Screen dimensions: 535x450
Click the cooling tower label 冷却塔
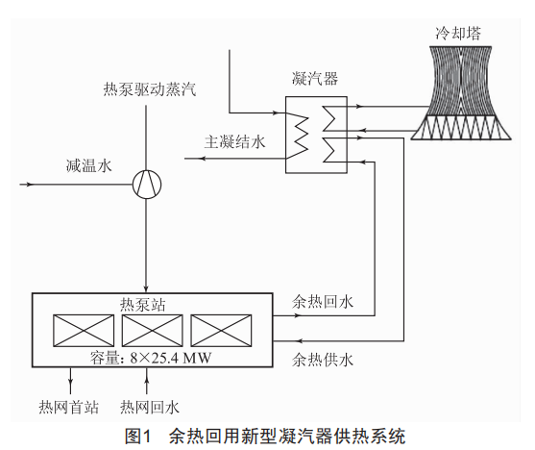pos(458,33)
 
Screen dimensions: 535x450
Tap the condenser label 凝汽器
pos(315,78)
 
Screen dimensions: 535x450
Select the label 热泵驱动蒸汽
pos(150,89)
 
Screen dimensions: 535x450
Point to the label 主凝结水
pos(234,142)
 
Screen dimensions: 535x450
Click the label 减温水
pos(88,165)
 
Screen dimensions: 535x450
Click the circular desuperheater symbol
pos(147,185)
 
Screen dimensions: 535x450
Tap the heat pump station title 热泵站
pos(142,304)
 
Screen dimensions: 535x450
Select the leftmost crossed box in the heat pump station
pos(84,331)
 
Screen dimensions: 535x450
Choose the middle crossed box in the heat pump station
pos(152,331)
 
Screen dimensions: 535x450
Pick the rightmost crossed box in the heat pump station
pos(221,331)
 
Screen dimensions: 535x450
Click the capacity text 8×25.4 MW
pos(171,358)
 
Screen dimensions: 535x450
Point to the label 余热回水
pos(323,302)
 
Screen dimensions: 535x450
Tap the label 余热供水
pos(323,360)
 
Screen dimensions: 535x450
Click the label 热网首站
pos(68,407)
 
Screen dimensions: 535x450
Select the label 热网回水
pos(150,407)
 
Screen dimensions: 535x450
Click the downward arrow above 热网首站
pos(71,381)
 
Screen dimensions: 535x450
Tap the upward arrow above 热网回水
pos(147,381)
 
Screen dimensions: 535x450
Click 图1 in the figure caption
pos(137,437)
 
